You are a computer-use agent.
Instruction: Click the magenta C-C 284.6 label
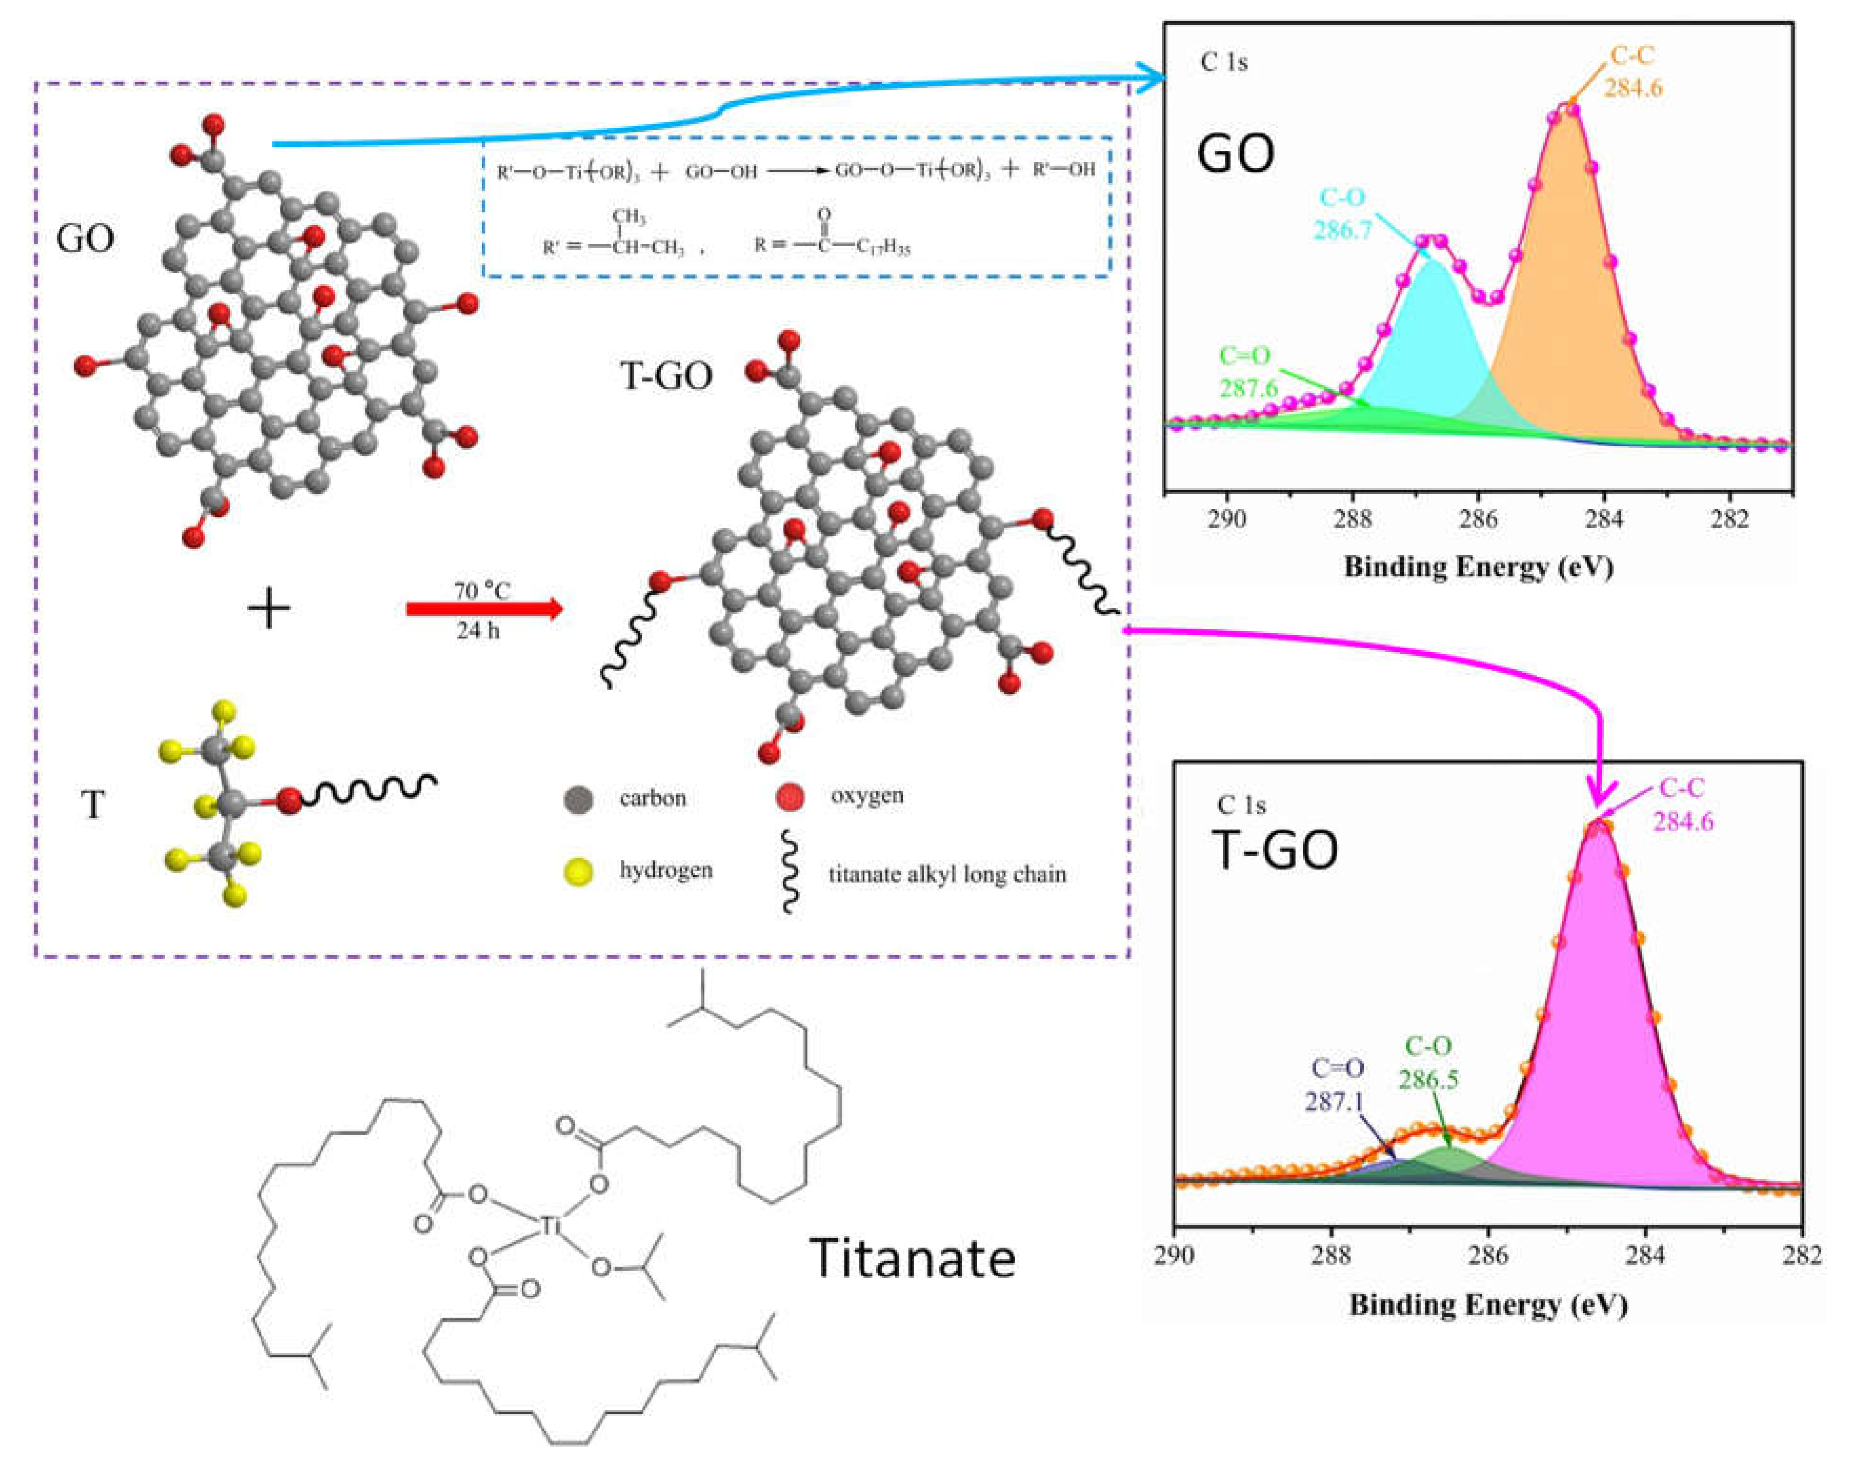pyautogui.click(x=1682, y=804)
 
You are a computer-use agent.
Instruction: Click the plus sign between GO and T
pyautogui.click(x=269, y=610)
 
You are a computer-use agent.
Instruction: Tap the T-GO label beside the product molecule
pyautogui.click(x=666, y=376)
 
